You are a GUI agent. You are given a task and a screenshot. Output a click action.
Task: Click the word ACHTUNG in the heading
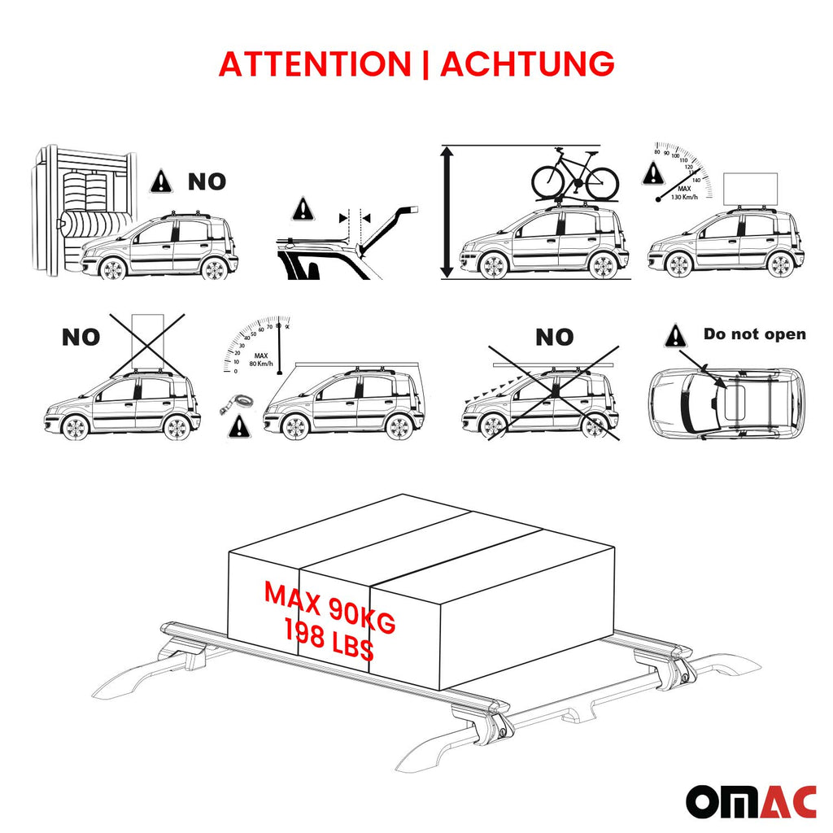(x=527, y=64)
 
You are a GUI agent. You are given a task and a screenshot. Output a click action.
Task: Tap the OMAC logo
(x=749, y=801)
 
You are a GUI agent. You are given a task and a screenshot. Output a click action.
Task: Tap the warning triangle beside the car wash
(x=161, y=181)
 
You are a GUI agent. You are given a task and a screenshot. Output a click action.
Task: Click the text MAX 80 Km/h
(x=260, y=360)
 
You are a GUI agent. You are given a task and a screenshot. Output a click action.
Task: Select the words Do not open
(x=754, y=334)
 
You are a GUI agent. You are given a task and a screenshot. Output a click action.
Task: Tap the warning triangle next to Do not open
(x=675, y=336)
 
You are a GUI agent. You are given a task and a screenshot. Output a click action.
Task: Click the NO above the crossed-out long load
(x=554, y=337)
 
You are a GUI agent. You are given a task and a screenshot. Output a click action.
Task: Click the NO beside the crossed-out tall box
(x=81, y=337)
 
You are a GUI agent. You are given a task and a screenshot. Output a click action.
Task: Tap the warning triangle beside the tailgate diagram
(x=303, y=208)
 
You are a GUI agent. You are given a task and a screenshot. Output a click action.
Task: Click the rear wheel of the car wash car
(x=213, y=268)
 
